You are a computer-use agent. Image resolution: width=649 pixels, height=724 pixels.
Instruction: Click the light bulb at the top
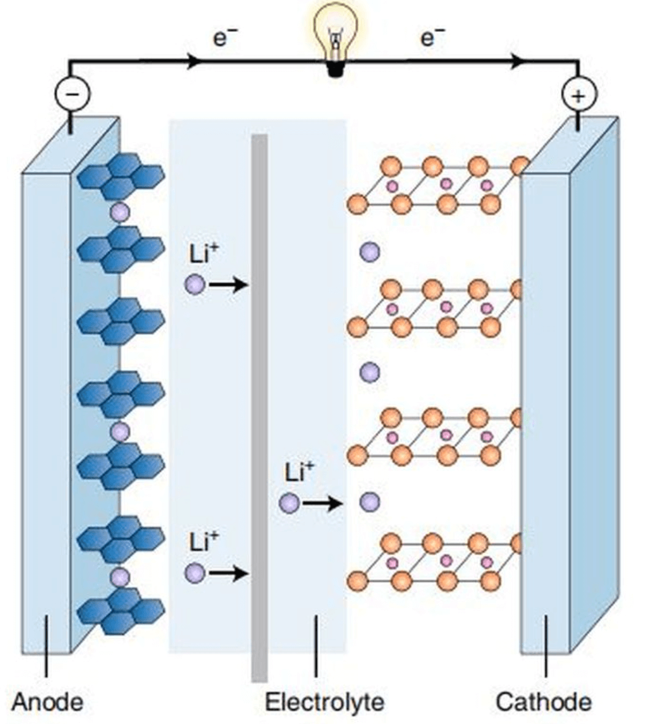click(336, 37)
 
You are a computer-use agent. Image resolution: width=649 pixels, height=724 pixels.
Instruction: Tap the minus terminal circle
click(72, 95)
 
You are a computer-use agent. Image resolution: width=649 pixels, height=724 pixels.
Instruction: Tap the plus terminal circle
click(578, 95)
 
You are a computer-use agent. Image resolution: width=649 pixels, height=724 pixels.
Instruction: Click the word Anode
click(47, 701)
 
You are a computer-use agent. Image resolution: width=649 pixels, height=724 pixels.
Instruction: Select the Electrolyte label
click(324, 701)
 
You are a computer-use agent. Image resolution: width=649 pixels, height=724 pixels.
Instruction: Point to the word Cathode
click(544, 701)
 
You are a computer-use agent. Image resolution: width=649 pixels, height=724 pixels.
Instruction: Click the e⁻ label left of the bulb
click(224, 38)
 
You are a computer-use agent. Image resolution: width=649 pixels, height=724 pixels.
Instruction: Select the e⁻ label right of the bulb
click(432, 38)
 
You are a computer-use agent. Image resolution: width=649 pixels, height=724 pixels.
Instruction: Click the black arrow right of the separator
click(322, 503)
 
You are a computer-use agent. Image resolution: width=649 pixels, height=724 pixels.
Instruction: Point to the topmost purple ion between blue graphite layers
click(120, 212)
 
